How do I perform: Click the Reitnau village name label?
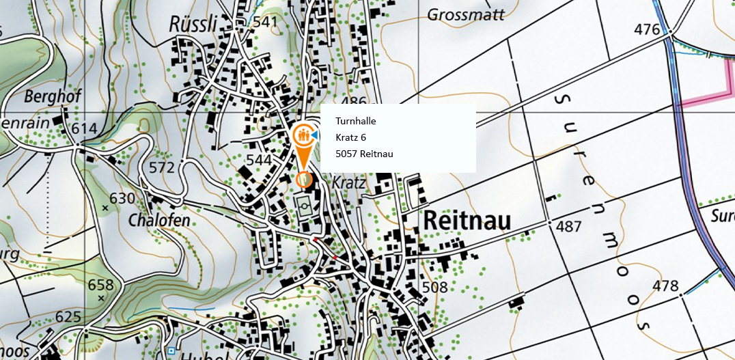click(x=467, y=221)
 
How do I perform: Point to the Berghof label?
click(x=53, y=96)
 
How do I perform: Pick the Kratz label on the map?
click(x=348, y=183)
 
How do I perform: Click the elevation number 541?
click(x=265, y=22)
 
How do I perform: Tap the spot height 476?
click(x=647, y=29)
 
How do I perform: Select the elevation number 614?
click(x=84, y=129)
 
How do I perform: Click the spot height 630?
click(x=122, y=199)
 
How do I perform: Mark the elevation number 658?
click(x=100, y=284)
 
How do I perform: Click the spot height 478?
click(x=666, y=286)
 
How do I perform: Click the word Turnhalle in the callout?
click(x=356, y=122)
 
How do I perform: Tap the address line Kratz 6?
click(x=351, y=137)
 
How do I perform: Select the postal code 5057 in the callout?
click(x=346, y=154)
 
